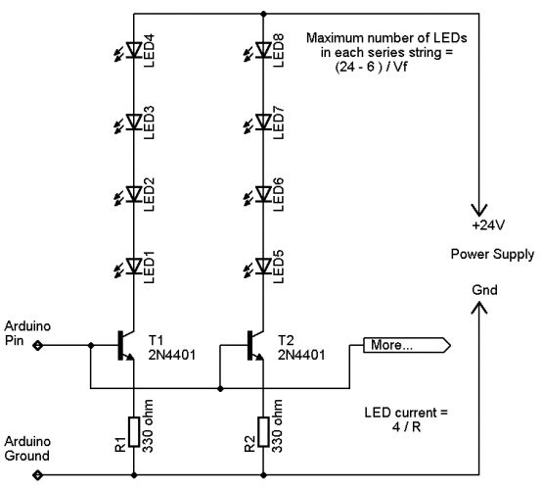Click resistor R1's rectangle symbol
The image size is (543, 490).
134,432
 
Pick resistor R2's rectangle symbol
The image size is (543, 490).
263,432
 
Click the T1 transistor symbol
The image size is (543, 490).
125,345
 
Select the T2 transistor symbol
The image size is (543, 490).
255,345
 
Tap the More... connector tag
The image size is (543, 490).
407,345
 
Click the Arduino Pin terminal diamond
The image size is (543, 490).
37,345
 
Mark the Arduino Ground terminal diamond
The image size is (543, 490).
37,474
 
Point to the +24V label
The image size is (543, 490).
488,225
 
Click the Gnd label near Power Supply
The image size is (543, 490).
484,290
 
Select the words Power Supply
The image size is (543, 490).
492,255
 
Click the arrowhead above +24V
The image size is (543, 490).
479,210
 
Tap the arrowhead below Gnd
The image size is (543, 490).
479,308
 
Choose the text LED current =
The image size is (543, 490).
406,413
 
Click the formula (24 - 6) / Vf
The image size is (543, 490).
371,67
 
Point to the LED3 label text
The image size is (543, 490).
148,122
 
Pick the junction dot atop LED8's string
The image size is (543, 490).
263,14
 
